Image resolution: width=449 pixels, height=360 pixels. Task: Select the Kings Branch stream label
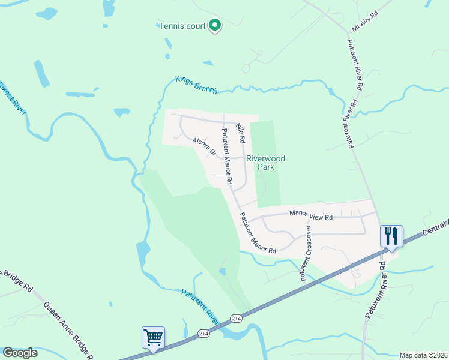[196, 85]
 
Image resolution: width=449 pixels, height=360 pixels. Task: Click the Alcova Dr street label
[204, 147]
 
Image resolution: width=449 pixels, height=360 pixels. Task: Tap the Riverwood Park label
[265, 163]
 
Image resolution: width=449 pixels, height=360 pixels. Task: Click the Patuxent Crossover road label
[306, 253]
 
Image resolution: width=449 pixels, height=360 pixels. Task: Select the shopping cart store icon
[153, 337]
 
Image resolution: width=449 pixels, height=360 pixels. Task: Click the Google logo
[20, 353]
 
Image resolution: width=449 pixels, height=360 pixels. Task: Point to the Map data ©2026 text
[423, 355]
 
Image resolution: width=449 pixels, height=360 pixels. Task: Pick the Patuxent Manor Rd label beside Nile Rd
[226, 156]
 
